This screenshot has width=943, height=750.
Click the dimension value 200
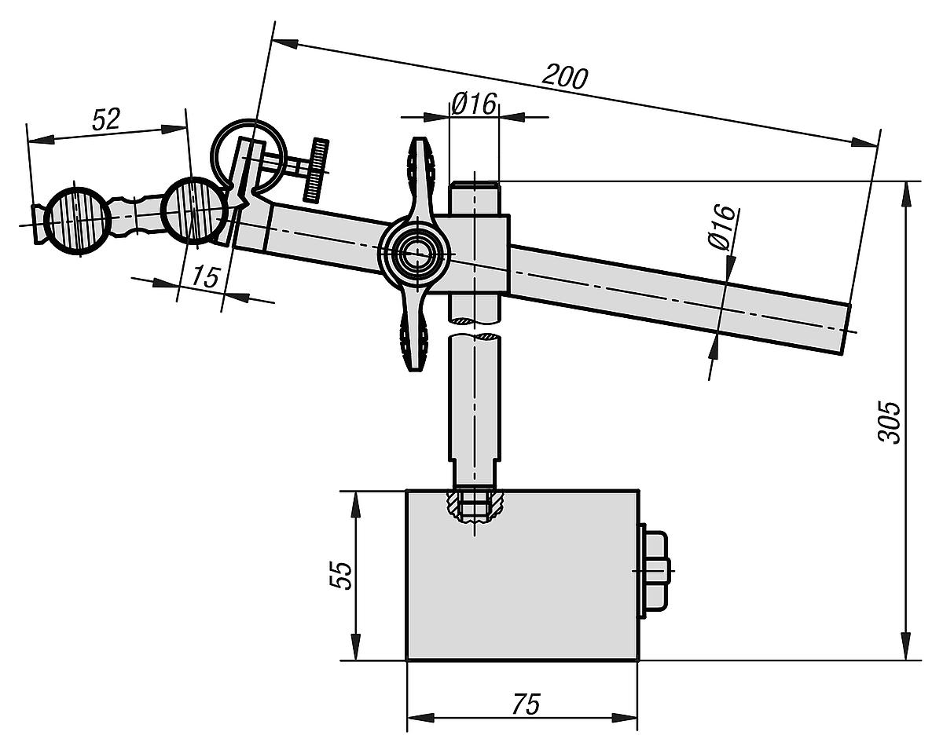point(566,77)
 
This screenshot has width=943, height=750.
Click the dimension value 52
point(106,119)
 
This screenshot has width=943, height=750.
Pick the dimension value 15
point(204,276)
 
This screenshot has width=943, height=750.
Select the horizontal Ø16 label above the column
point(474,103)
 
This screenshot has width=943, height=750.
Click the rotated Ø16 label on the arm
point(722,228)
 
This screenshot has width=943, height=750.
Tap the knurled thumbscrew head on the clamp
point(317,169)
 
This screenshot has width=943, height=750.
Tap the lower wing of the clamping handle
point(414,338)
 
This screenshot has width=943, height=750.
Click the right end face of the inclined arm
point(846,328)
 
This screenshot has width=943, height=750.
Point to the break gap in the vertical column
point(474,328)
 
